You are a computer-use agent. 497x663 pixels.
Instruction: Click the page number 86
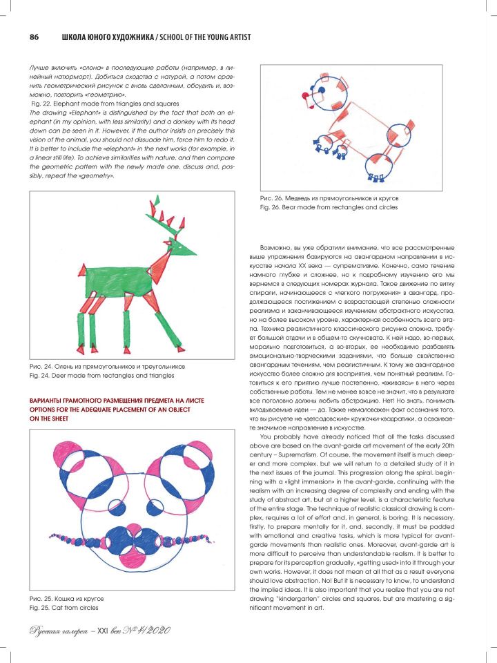pos(33,37)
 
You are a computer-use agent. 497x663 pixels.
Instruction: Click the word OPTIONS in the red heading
pos(46,410)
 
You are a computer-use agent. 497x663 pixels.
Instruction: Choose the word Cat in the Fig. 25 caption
pos(66,608)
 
